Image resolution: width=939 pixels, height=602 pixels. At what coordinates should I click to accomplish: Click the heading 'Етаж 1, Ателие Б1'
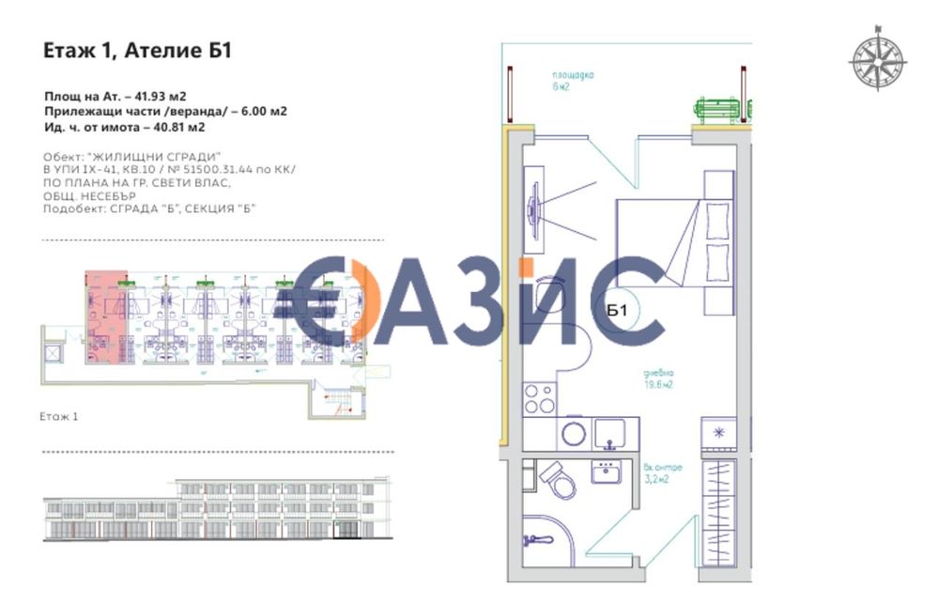point(137,51)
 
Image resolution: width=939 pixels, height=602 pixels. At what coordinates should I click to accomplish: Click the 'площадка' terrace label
point(573,74)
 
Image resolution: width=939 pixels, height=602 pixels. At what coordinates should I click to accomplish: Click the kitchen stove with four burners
point(540,399)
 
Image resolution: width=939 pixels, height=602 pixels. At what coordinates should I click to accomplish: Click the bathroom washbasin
point(606,471)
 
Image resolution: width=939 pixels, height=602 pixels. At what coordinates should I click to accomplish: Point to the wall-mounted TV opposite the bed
point(533,206)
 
